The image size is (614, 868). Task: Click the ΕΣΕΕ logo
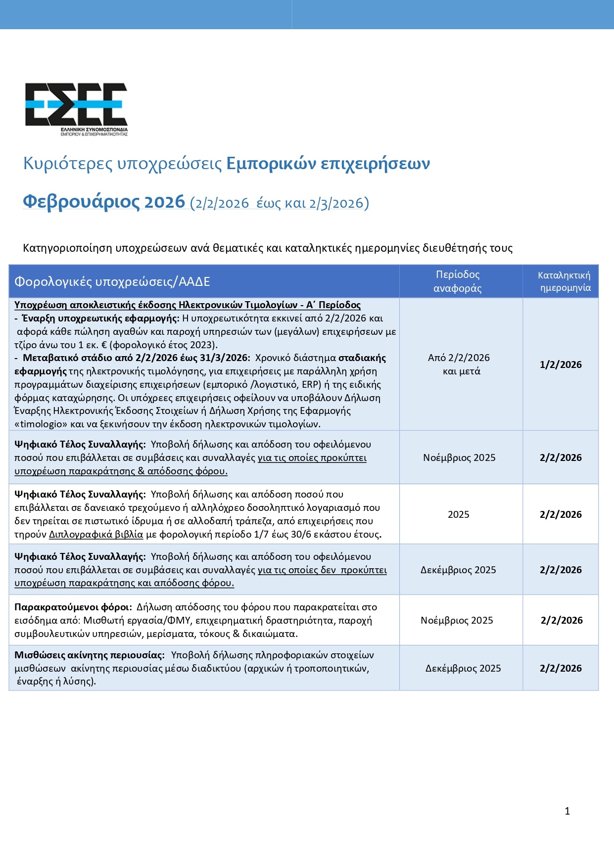[x=76, y=108]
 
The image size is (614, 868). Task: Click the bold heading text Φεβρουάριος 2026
[x=104, y=202]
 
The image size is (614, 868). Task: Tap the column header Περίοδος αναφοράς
[x=458, y=281]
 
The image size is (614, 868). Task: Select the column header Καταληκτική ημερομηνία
[x=565, y=281]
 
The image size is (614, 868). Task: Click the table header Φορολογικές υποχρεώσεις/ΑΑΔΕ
[x=112, y=281]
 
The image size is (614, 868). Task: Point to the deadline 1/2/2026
[x=561, y=365]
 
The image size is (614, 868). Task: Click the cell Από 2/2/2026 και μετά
[x=459, y=365]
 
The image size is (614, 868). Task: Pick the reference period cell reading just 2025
[x=459, y=514]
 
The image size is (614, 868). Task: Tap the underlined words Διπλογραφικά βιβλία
[x=96, y=534]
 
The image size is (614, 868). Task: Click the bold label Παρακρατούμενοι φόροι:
[x=73, y=607]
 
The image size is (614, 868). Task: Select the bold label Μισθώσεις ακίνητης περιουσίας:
[x=90, y=655]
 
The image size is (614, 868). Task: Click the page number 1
[x=567, y=811]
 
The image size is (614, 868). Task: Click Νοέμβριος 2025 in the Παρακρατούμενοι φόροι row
[x=457, y=620]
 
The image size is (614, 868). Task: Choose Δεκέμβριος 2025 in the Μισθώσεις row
[x=463, y=668]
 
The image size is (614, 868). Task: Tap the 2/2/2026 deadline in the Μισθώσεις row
[x=561, y=668]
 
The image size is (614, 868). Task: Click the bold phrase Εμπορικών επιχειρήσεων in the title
[x=328, y=163]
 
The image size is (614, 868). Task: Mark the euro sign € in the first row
[x=104, y=345]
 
